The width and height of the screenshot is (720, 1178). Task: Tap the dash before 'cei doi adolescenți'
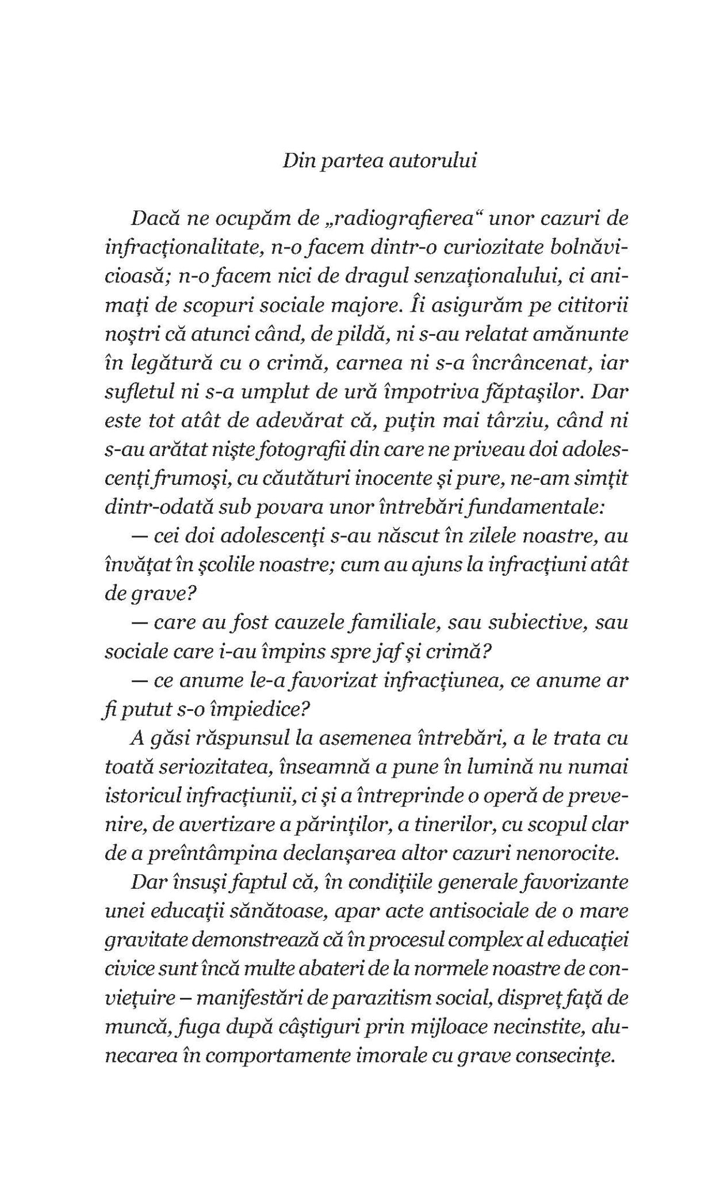point(140,537)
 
